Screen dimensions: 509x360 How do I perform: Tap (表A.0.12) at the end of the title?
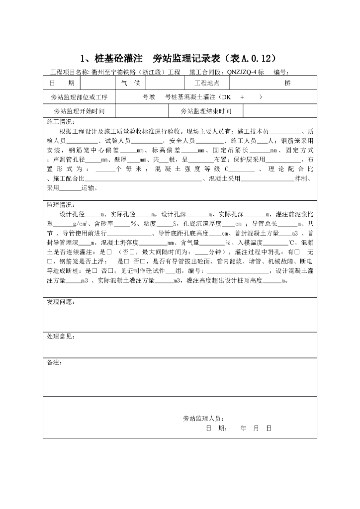248,58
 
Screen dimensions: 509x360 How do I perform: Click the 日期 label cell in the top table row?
61,83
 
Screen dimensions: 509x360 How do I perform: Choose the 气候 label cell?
130,83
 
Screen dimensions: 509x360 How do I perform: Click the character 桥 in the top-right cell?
287,83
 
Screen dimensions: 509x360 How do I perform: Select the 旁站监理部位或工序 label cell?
79,97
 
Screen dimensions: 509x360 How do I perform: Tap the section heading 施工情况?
60,122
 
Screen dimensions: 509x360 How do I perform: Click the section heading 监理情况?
60,205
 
